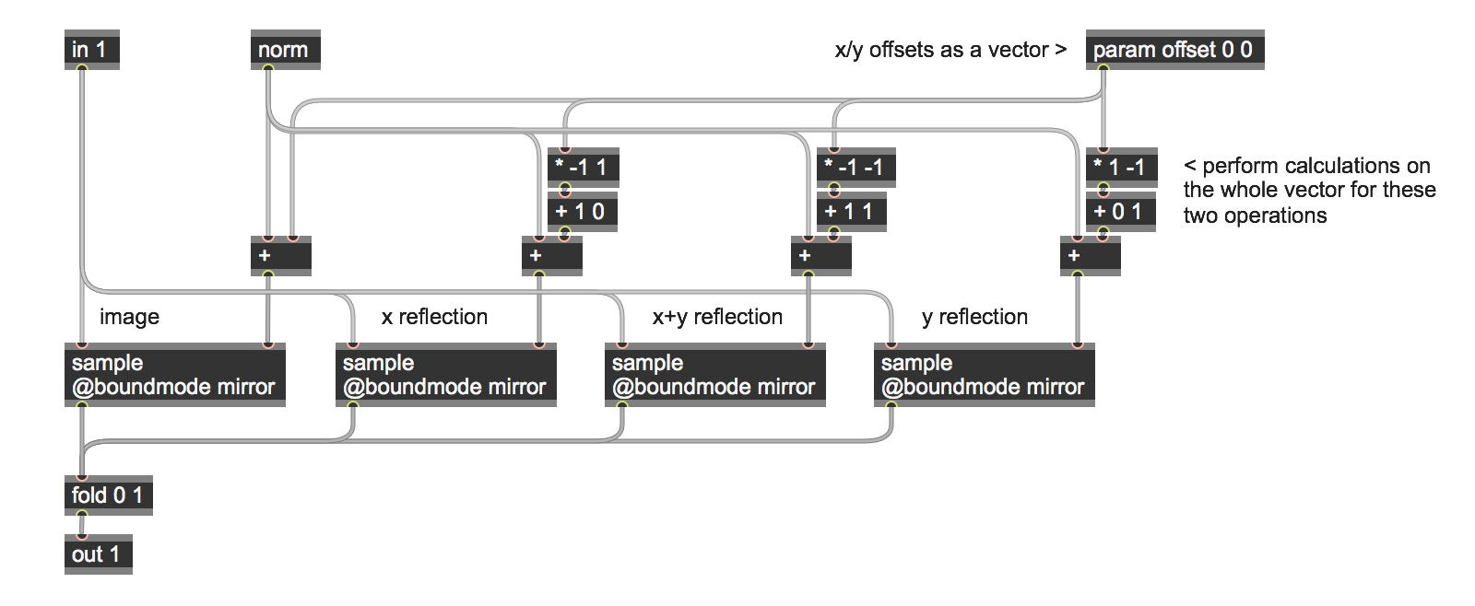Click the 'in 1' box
pos(92,50)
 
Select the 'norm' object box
pos(285,50)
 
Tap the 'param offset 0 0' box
pos(1174,50)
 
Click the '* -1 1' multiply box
pos(583,168)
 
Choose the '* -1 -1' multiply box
pos(855,168)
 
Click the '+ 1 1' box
pos(852,212)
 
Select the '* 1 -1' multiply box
pos(1121,168)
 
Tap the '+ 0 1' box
pos(1121,212)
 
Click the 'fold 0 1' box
pos(109,495)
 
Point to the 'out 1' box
pos(98,554)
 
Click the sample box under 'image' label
pos(174,375)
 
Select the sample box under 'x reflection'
pos(445,375)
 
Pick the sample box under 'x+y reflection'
pos(714,375)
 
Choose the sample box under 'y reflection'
pos(984,375)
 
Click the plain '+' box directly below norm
pos(280,256)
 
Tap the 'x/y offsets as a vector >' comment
pos(950,50)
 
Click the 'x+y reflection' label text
pos(717,317)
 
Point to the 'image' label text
pos(129,317)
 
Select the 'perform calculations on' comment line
pos(1307,166)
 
